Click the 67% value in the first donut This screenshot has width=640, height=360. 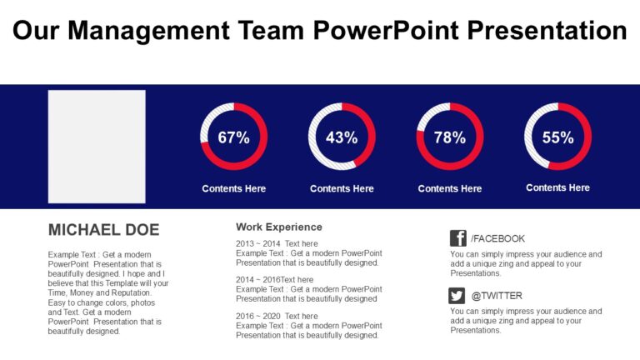click(x=233, y=137)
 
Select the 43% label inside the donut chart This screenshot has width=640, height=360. click(x=342, y=137)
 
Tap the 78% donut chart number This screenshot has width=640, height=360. click(x=450, y=137)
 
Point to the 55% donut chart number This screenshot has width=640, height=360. click(x=557, y=137)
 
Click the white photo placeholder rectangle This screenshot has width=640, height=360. click(x=97, y=147)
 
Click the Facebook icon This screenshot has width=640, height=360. click(x=457, y=237)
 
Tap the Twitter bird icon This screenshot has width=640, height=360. click(x=457, y=295)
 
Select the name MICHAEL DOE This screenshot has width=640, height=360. click(x=103, y=230)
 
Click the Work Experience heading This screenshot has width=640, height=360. click(x=278, y=227)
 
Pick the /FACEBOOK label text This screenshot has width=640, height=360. click(x=497, y=238)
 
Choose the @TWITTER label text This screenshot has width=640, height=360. click(x=497, y=296)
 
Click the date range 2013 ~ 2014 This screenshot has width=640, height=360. click(x=257, y=243)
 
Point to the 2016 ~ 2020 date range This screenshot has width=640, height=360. click(x=257, y=317)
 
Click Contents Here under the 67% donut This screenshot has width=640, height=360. click(x=233, y=189)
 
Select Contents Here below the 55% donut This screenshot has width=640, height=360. click(x=557, y=188)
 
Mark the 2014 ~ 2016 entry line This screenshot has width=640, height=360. click(x=274, y=280)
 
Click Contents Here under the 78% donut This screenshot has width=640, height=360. click(x=450, y=189)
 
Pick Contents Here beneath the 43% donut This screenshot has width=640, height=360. click(x=342, y=189)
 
